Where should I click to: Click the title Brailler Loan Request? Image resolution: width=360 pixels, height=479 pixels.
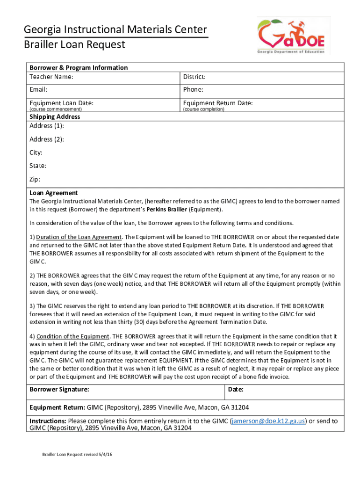(74, 45)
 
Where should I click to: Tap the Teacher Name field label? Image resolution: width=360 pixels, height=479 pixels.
(51, 77)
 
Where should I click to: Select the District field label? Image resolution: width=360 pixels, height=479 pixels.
(194, 77)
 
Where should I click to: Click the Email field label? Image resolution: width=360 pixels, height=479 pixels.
(38, 89)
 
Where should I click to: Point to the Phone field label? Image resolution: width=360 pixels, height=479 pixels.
(193, 89)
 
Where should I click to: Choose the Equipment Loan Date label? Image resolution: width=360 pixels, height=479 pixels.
(61, 103)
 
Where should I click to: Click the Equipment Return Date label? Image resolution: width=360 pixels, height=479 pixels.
(218, 103)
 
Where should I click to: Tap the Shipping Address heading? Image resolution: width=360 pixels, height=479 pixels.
(55, 116)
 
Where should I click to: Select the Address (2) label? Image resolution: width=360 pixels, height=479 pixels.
(47, 139)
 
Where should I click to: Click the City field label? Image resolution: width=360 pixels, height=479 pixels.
(36, 152)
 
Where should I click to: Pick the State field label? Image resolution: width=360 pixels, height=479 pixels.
(38, 166)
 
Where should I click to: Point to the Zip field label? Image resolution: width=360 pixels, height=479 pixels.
(35, 179)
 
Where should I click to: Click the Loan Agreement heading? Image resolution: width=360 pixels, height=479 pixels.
(53, 193)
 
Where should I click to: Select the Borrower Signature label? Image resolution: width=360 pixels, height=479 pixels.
(59, 389)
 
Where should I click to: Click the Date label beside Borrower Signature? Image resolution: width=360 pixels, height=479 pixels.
(236, 389)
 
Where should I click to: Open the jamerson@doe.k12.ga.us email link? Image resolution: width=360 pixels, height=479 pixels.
(269, 421)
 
